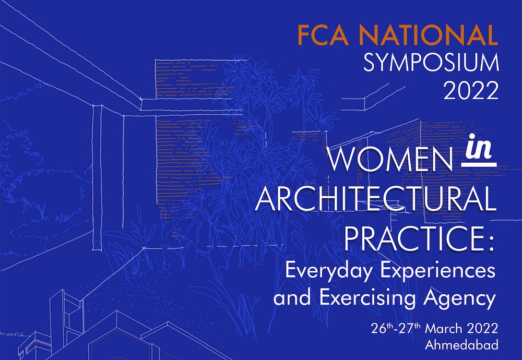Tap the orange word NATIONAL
(428, 35)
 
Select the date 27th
(411, 329)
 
